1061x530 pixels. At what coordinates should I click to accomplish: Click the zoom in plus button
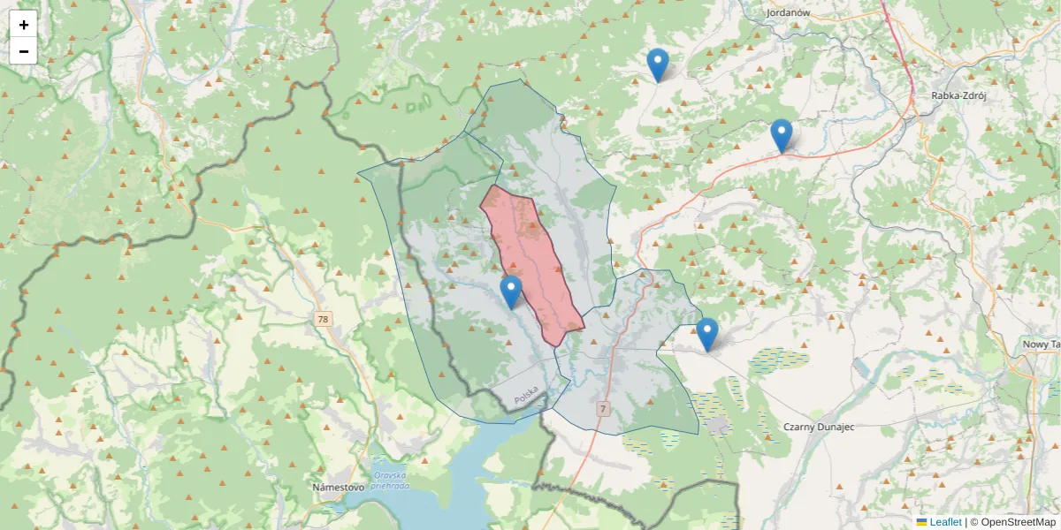click(x=24, y=25)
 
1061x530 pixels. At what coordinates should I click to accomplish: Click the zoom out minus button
click(x=24, y=51)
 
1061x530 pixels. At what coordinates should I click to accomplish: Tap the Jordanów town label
click(x=789, y=12)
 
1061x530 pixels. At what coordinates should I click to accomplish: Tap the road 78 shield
click(x=323, y=318)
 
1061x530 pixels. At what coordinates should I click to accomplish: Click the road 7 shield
click(x=603, y=409)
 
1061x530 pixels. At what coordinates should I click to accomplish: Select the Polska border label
click(x=525, y=395)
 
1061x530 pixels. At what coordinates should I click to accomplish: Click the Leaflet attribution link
click(x=945, y=522)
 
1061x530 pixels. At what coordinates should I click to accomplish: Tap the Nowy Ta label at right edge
click(x=1040, y=344)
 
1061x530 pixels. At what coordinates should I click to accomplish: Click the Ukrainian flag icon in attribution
click(x=922, y=522)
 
